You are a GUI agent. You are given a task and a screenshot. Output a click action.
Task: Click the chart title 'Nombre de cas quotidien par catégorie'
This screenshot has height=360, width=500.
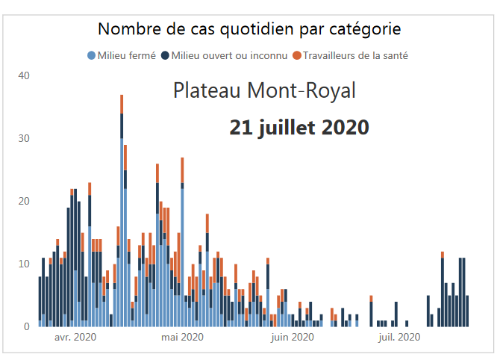pos(249,29)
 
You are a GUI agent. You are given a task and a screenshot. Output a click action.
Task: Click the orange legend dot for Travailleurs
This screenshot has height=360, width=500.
pos(296,55)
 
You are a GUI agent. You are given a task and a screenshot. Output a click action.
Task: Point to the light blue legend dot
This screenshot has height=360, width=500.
pos(92,55)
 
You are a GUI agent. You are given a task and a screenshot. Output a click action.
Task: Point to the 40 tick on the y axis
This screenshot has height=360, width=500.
pos(24,75)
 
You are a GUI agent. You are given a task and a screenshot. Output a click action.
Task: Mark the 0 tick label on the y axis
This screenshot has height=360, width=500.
pos(27,326)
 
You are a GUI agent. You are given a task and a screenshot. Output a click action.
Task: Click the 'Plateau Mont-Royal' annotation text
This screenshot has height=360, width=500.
pos(264,91)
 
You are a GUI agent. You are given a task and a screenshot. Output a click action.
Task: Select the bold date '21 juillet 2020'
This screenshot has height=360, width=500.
pos(299,127)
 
